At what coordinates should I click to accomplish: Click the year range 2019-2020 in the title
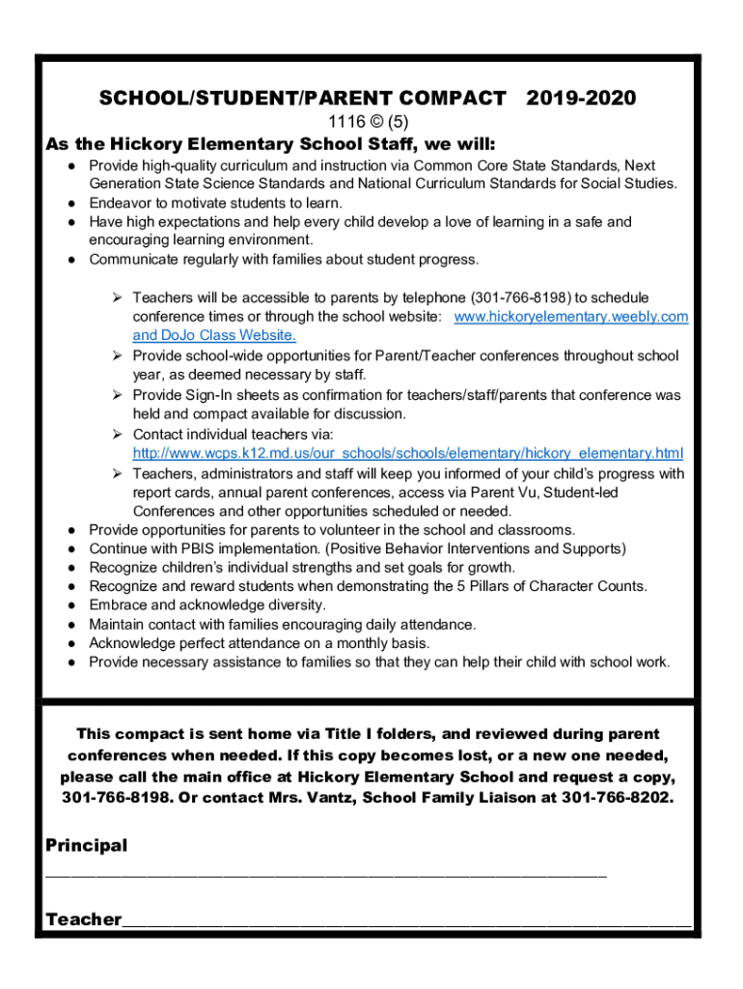[581, 98]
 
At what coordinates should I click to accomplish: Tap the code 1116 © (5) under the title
[371, 122]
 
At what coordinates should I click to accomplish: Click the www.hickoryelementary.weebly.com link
[570, 317]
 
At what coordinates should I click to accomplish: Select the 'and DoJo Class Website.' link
[214, 335]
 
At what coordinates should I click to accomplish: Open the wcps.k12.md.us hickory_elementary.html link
[408, 453]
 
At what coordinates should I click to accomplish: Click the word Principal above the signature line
[87, 845]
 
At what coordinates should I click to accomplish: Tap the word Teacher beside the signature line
[84, 918]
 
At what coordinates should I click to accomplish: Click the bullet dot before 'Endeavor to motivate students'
[73, 203]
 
